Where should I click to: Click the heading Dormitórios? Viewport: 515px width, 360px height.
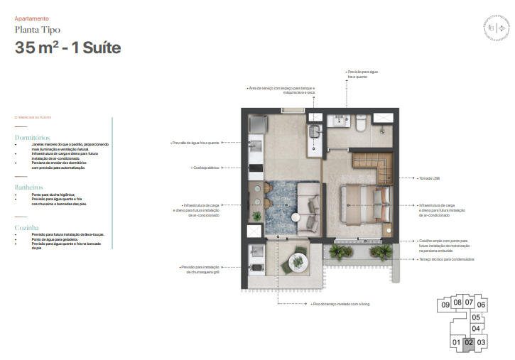(32, 137)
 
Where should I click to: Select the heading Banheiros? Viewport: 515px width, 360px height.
(29, 187)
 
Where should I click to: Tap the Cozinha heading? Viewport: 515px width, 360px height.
(27, 229)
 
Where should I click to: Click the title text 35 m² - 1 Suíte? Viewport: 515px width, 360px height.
(68, 48)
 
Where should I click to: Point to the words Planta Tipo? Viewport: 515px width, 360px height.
(37, 30)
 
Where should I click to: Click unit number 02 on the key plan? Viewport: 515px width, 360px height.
(468, 343)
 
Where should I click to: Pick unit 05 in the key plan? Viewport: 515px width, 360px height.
(476, 317)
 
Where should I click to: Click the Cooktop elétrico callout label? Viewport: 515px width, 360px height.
(205, 168)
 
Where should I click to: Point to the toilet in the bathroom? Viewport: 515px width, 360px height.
(361, 124)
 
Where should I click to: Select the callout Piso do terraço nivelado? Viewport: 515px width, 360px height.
(340, 303)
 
